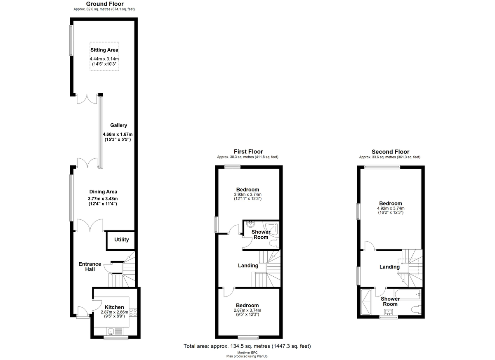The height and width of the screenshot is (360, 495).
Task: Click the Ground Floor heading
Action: tap(104, 4)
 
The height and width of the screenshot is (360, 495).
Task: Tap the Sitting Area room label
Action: tap(104, 50)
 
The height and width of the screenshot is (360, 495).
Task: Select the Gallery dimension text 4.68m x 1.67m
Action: tap(118, 134)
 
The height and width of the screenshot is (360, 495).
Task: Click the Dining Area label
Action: tap(104, 191)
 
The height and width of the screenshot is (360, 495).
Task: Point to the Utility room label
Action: tap(121, 240)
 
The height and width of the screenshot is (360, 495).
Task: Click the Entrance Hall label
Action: tap(90, 267)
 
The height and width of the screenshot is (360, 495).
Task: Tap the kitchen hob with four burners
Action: tap(133, 312)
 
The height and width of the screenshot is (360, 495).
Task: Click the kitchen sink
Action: tap(111, 331)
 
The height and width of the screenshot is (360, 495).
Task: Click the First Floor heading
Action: tap(248, 152)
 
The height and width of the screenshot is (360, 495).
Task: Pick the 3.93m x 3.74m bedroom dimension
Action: tap(248, 195)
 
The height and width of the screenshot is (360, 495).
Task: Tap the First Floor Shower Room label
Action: tap(261, 234)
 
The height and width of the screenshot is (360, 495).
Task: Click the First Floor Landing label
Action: tap(248, 266)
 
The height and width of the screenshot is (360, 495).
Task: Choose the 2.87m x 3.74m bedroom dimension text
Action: tap(247, 311)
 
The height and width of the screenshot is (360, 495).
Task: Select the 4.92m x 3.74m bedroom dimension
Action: tap(390, 208)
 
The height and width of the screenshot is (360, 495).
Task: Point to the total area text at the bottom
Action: tap(247, 346)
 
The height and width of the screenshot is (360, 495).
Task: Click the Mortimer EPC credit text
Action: tap(247, 353)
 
